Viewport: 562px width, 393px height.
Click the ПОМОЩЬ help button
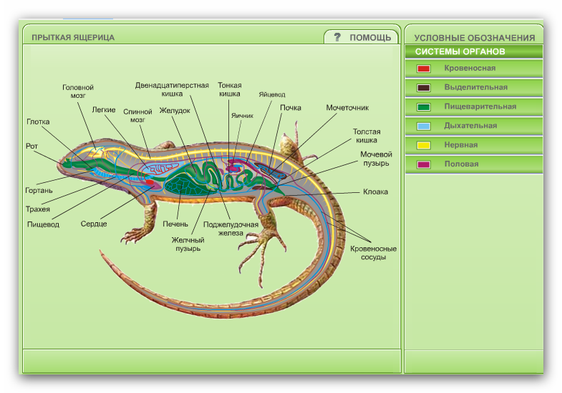coord(369,37)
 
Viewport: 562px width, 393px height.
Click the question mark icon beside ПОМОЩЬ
coord(337,37)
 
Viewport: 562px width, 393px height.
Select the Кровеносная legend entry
coord(469,68)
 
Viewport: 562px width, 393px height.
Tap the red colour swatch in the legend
coord(424,69)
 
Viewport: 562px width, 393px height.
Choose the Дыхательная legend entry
coord(470,126)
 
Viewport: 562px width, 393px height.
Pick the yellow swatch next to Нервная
coord(424,145)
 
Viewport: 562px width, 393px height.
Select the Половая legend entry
coord(461,164)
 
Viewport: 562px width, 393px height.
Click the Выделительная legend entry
coord(475,87)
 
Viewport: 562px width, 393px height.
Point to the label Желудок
coord(175,111)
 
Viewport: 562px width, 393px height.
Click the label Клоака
coord(375,191)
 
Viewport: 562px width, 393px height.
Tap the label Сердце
coord(95,224)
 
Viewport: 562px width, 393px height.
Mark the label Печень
coord(175,224)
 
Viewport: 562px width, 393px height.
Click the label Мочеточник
coord(347,108)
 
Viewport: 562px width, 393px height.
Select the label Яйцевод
coord(272,94)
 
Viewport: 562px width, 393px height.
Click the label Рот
coord(32,146)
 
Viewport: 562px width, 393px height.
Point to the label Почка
coord(291,108)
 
